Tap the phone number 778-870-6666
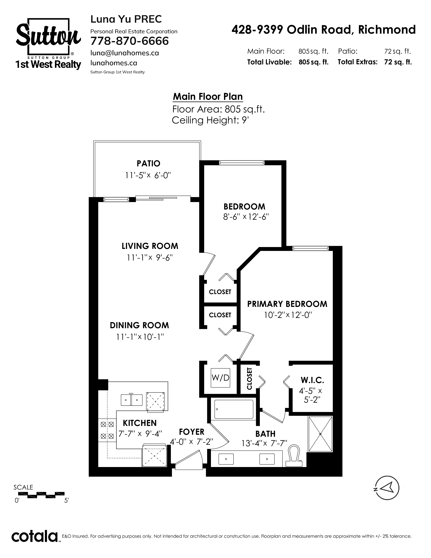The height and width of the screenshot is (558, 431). click(x=130, y=41)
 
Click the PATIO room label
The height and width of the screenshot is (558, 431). click(x=148, y=163)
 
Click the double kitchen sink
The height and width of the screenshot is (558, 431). click(x=131, y=400)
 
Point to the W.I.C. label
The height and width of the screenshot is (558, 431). click(x=312, y=380)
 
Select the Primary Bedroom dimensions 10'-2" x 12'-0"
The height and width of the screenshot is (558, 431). click(x=288, y=315)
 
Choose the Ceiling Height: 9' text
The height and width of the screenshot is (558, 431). click(x=210, y=120)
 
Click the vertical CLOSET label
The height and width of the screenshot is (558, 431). click(x=249, y=378)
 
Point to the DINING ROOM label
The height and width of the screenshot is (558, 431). click(x=139, y=325)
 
